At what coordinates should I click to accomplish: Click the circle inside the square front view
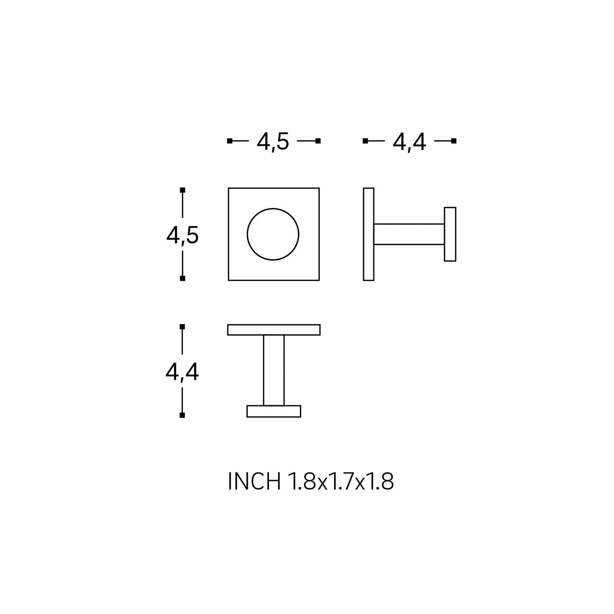click(247, 234)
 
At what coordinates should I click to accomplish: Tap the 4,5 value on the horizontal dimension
click(273, 142)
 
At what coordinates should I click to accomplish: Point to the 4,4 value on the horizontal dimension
click(409, 142)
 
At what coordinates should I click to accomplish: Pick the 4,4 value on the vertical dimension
click(182, 372)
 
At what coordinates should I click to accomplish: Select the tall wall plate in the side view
click(368, 234)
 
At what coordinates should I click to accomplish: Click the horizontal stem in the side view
click(409, 234)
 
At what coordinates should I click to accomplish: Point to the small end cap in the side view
click(450, 234)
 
